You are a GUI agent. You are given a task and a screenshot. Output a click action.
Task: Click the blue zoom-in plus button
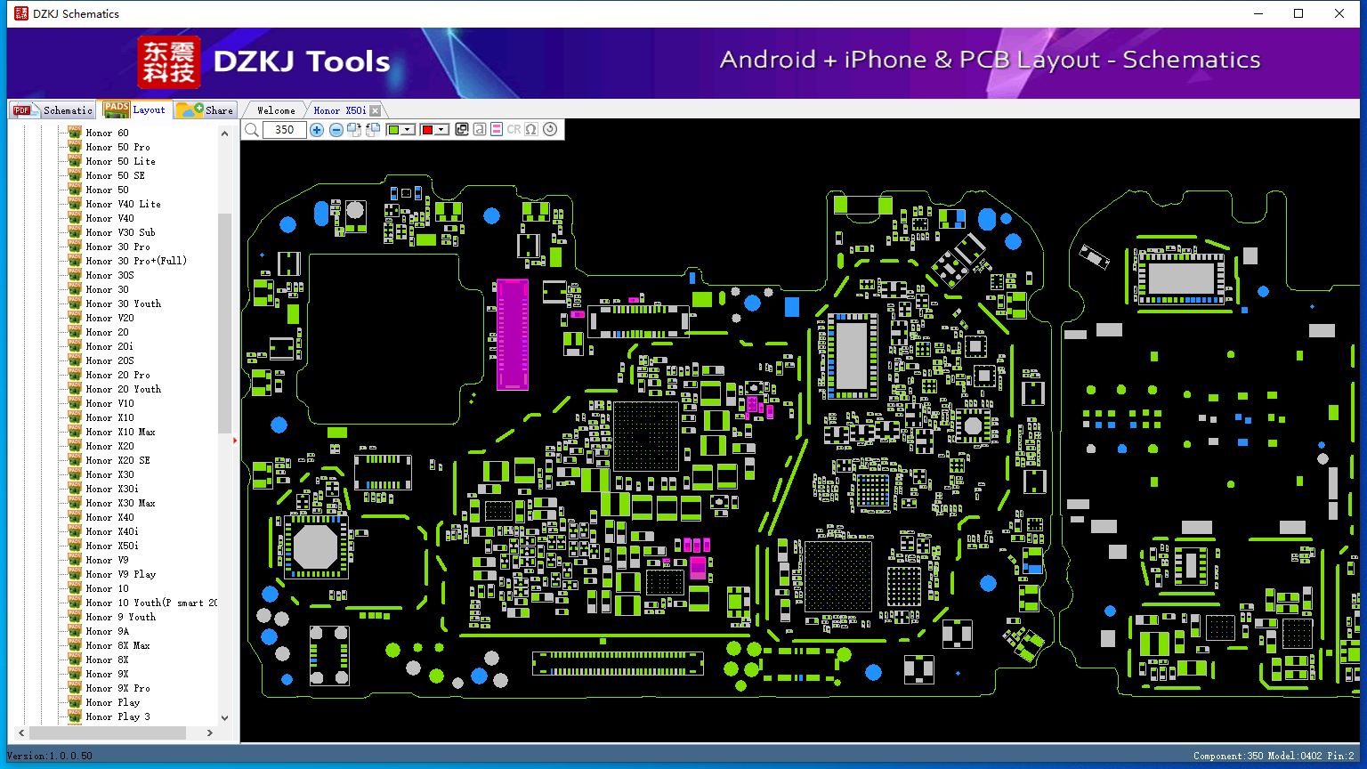pos(317,130)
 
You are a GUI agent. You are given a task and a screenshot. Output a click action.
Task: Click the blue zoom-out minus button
pos(336,130)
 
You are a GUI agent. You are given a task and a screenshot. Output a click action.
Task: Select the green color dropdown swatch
pos(400,130)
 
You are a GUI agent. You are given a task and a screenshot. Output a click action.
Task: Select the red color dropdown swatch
pos(433,130)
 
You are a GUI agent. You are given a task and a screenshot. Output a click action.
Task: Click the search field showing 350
pos(284,130)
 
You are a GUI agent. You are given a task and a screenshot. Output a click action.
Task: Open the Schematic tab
pos(53,110)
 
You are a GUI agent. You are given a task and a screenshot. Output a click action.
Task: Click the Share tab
pos(206,110)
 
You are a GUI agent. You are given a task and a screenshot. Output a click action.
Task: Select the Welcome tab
pos(276,110)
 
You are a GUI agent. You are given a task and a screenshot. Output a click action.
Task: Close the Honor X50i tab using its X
pos(375,110)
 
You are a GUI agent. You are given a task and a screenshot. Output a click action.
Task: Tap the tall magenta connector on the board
pos(512,334)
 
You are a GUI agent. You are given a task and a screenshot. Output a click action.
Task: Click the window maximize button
pos(1298,13)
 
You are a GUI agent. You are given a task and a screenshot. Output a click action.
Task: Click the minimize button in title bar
pos(1258,13)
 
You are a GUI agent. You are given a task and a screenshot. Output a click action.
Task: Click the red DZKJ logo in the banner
pos(169,62)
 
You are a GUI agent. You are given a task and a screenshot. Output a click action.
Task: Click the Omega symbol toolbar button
pos(531,130)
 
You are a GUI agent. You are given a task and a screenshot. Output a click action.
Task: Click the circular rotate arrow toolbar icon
pos(550,130)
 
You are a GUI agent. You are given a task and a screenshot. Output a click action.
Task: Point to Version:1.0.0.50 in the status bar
pos(50,756)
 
